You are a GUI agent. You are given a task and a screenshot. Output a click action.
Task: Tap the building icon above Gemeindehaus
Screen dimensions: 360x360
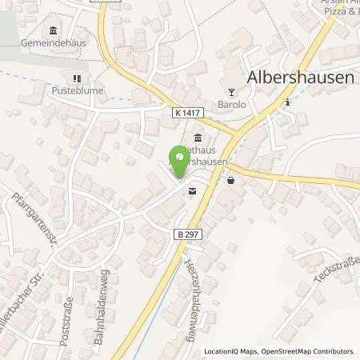[x=53, y=31]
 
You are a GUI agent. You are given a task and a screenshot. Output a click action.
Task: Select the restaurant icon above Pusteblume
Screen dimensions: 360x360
[x=77, y=78]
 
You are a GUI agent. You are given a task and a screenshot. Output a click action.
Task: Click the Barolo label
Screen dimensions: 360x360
[x=231, y=103]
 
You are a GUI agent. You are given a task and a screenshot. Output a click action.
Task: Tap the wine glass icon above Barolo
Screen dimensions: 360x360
[x=232, y=90]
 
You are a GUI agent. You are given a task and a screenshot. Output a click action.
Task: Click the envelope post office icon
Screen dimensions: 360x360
[x=192, y=191]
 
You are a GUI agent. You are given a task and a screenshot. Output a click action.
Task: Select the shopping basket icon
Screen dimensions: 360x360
[x=231, y=181]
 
